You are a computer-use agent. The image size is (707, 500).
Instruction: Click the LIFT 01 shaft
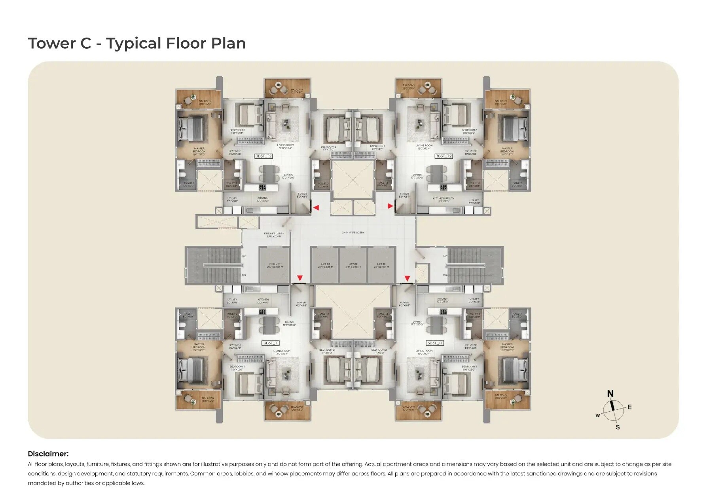click(381, 265)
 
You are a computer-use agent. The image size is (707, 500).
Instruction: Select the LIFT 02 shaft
click(353, 265)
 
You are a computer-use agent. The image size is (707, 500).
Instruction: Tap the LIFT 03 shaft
click(325, 265)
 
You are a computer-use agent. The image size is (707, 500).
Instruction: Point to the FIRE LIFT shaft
click(275, 265)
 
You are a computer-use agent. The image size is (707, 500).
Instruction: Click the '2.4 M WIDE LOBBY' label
click(353, 232)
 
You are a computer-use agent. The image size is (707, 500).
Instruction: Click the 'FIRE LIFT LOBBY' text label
click(274, 234)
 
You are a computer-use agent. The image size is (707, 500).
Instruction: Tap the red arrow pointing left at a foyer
click(316, 207)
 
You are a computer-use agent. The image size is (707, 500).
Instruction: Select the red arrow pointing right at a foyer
click(390, 206)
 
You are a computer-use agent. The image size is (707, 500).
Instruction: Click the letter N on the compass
click(610, 394)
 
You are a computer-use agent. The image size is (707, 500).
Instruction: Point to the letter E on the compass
click(629, 407)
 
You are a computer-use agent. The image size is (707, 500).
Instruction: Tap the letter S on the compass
click(618, 427)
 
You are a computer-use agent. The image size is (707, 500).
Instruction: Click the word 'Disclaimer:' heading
click(48, 454)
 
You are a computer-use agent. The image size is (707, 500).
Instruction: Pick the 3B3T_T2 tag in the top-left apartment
click(263, 156)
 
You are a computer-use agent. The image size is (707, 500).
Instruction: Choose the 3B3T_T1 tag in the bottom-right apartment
click(435, 343)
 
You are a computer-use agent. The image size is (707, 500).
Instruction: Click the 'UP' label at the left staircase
click(244, 256)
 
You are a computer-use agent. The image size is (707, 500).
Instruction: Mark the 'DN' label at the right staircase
click(445, 275)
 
